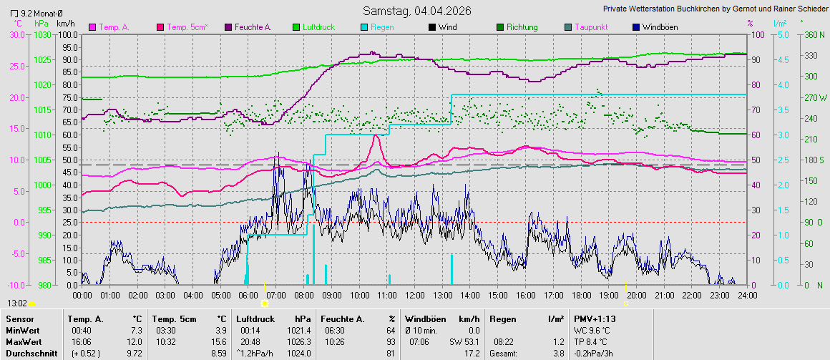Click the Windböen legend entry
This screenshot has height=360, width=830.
coord(660,27)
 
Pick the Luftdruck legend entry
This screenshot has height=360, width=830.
coord(318,27)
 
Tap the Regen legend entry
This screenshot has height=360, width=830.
coord(382,27)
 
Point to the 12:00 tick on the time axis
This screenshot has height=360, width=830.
coord(414,295)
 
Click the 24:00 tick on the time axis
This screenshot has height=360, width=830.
coord(746,295)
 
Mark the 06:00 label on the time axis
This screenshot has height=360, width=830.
coord(248,295)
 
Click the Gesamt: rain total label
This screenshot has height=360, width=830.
coord(503,354)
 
